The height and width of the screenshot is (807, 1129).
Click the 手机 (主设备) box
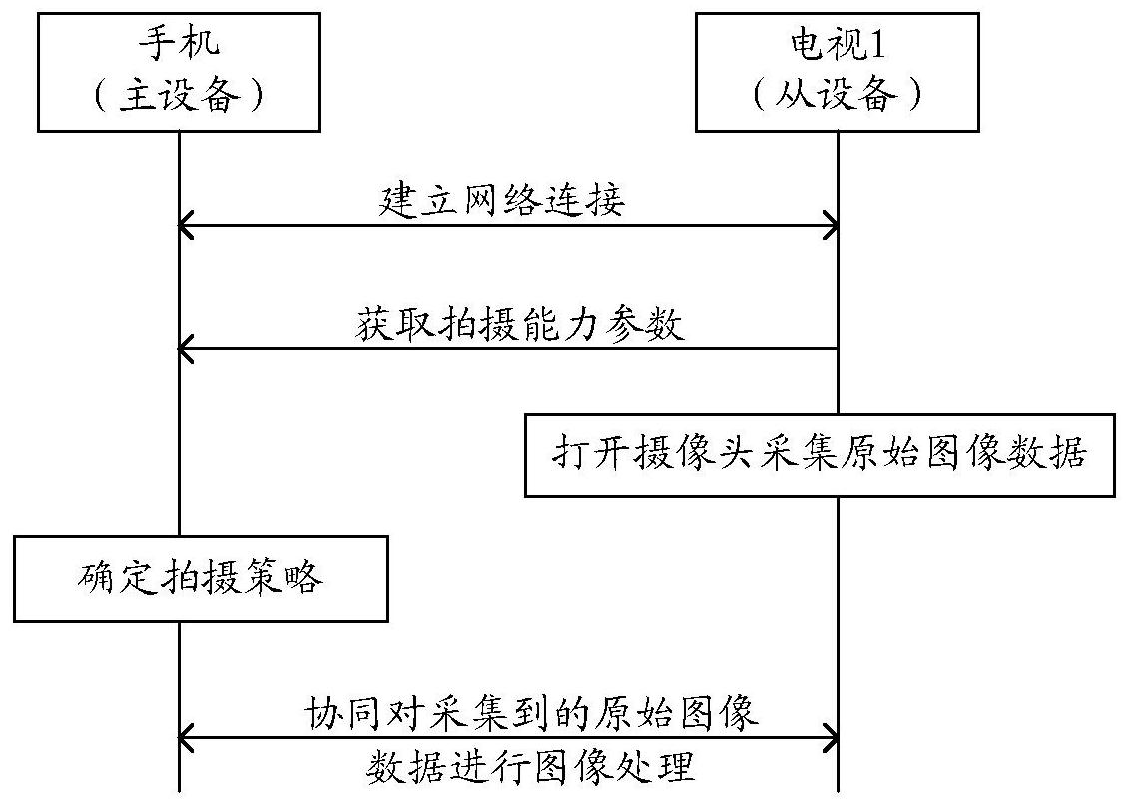tap(179, 72)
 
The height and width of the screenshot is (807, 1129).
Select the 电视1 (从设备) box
tap(837, 72)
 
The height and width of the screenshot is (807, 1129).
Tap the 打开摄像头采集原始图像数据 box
tap(820, 455)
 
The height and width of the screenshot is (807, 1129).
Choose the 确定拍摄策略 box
tap(200, 579)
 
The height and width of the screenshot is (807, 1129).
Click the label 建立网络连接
tap(502, 200)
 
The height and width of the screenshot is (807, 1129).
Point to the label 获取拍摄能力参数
tap(519, 325)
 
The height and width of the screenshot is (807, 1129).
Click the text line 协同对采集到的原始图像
tap(532, 713)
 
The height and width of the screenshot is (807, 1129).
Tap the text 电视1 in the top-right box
tap(837, 45)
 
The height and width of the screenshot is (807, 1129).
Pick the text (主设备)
tap(180, 96)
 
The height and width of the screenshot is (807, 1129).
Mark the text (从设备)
tap(837, 96)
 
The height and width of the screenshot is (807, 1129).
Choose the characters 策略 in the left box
tap(293, 579)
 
